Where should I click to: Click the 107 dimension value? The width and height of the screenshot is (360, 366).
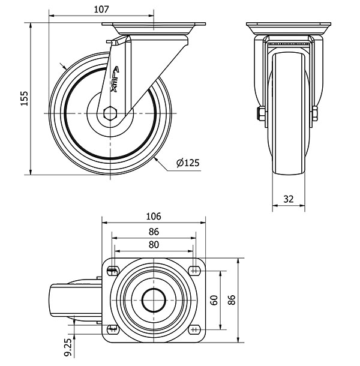pyautogui.click(x=101, y=10)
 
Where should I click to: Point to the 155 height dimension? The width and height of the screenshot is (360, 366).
pyautogui.click(x=24, y=98)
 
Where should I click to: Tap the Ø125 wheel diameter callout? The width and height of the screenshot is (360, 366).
pyautogui.click(x=188, y=163)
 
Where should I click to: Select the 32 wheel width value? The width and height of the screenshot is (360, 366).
pyautogui.click(x=289, y=199)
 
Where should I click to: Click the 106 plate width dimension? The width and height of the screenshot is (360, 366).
pyautogui.click(x=154, y=217)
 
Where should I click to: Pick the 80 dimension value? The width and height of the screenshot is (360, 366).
pyautogui.click(x=154, y=245)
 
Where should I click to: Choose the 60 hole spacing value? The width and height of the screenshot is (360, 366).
pyautogui.click(x=214, y=300)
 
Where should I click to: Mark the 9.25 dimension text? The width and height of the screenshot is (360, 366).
pyautogui.click(x=68, y=347)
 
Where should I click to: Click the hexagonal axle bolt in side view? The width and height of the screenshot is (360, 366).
pyautogui.click(x=110, y=113)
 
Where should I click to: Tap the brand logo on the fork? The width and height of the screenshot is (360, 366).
pyautogui.click(x=115, y=79)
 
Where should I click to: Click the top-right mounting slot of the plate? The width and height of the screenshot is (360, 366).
pyautogui.click(x=195, y=271)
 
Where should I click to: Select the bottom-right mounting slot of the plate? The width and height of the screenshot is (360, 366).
pyautogui.click(x=195, y=329)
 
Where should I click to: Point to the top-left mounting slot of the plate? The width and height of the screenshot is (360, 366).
pyautogui.click(x=113, y=271)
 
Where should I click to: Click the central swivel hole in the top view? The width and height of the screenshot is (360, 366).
pyautogui.click(x=154, y=300)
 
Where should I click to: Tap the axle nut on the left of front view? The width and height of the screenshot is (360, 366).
pyautogui.click(x=261, y=113)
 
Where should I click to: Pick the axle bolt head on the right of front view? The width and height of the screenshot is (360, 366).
pyautogui.click(x=315, y=113)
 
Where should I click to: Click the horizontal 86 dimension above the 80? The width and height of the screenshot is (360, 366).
pyautogui.click(x=154, y=232)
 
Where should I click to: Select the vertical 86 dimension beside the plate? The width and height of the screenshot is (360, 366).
pyautogui.click(x=232, y=300)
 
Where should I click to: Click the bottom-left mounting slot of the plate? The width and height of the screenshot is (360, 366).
pyautogui.click(x=113, y=329)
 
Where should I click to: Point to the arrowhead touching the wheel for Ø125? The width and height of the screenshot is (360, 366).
pyautogui.click(x=157, y=160)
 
